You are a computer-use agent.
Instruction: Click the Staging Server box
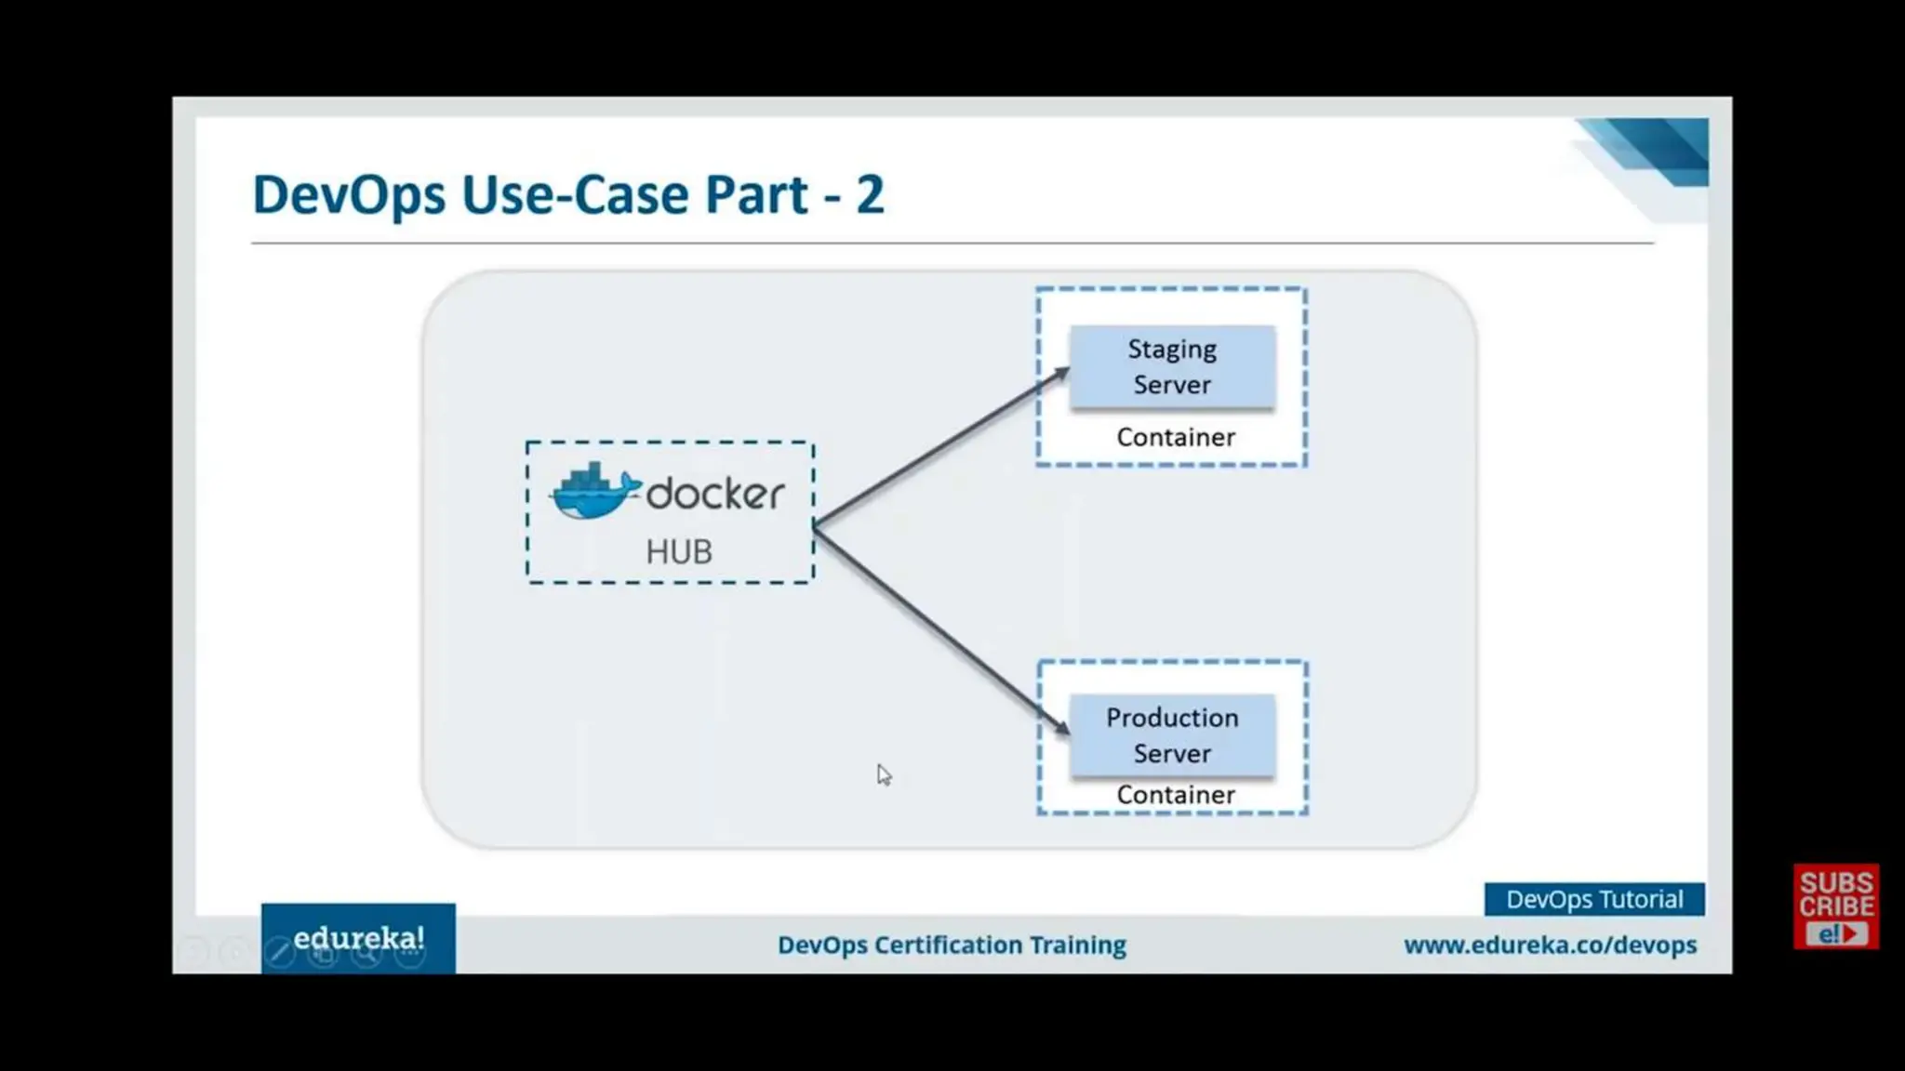click(x=1172, y=366)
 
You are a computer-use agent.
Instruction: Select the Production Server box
click(x=1172, y=734)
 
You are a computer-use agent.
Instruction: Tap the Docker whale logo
click(x=593, y=492)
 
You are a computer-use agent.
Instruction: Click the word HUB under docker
click(x=679, y=552)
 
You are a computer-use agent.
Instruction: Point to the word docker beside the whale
click(x=715, y=494)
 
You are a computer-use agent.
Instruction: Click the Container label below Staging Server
click(x=1176, y=437)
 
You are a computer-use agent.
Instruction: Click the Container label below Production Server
click(x=1176, y=795)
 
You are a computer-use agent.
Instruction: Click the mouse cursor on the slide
click(x=883, y=773)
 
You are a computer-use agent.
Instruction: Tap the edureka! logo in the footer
click(x=358, y=938)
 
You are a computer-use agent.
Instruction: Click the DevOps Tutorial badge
click(x=1593, y=899)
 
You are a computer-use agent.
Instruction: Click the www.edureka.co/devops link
click(x=1550, y=945)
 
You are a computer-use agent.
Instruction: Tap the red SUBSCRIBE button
click(x=1835, y=906)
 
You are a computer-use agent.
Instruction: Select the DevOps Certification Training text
click(x=952, y=945)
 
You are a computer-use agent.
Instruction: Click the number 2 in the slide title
click(x=870, y=194)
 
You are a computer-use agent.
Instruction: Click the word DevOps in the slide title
click(x=349, y=194)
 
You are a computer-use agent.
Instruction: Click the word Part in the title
click(x=756, y=194)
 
